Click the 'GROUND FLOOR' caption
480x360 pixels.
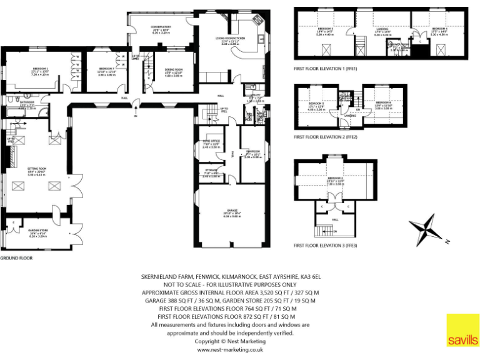(16, 257)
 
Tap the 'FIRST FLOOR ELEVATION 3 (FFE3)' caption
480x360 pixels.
(326, 246)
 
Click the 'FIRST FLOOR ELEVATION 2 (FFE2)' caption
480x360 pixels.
(326, 135)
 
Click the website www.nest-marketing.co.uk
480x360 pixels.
(230, 350)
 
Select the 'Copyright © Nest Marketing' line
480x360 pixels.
(230, 341)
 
